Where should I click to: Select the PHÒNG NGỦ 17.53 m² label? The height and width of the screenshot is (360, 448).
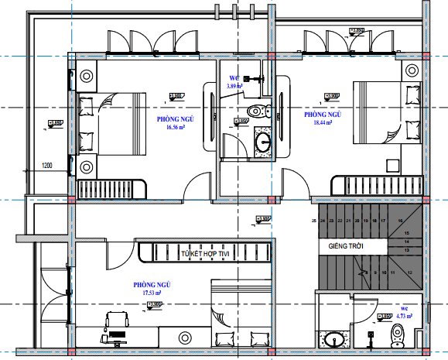pyautogui.click(x=152, y=289)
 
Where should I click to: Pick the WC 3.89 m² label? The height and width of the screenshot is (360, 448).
pyautogui.click(x=236, y=82)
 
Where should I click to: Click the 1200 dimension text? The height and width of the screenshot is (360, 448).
pyautogui.click(x=46, y=165)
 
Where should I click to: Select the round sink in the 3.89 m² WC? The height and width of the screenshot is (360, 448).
pyautogui.click(x=262, y=142)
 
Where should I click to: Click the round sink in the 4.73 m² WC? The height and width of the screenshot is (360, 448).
pyautogui.click(x=335, y=339)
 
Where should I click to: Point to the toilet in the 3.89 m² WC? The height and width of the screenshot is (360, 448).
pyautogui.click(x=256, y=109)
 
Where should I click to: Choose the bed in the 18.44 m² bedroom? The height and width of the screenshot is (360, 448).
pyautogui.click(x=380, y=111)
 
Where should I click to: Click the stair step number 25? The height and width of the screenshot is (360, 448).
pyautogui.click(x=314, y=221)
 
